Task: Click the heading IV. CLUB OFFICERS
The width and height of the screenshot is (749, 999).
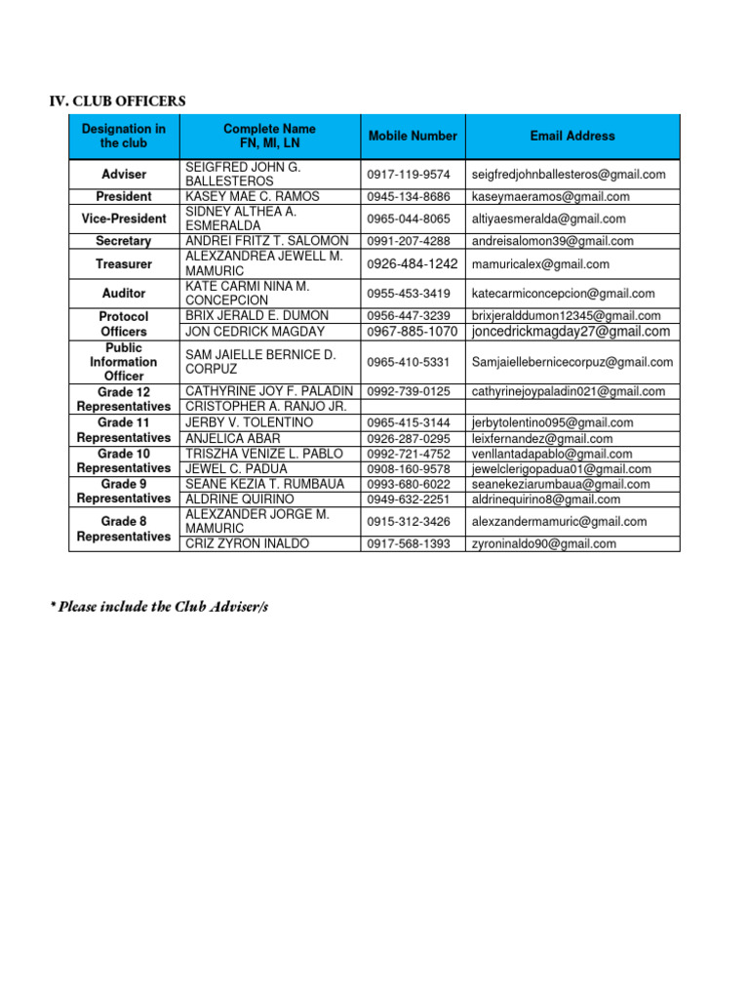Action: tap(117, 101)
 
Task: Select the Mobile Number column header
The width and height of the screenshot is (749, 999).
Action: tap(413, 137)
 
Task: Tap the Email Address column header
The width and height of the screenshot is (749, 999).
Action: tap(572, 137)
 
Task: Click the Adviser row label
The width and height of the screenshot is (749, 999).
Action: tap(124, 175)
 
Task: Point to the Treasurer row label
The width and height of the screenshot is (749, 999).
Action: tap(124, 263)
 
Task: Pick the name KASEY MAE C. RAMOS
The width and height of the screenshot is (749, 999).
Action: tap(253, 197)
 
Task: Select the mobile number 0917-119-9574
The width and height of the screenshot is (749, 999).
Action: tap(409, 175)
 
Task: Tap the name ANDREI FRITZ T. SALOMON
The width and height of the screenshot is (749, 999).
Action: tap(266, 241)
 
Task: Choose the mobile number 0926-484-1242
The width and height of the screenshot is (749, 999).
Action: tap(413, 263)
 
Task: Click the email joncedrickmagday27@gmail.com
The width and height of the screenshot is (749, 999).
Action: tap(571, 332)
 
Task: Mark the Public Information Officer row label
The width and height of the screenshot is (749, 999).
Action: tap(124, 362)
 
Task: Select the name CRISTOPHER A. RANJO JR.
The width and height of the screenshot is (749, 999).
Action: tap(266, 407)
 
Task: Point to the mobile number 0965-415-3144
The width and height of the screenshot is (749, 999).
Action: tap(409, 423)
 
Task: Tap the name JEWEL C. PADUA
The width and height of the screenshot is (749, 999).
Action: tap(237, 469)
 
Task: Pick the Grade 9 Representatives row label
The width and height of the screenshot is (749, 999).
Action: tap(124, 492)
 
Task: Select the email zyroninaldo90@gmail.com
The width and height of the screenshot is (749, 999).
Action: tap(543, 544)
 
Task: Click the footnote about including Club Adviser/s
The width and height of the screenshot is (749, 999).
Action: tap(160, 607)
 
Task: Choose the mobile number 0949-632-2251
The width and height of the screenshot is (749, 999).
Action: tap(409, 499)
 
